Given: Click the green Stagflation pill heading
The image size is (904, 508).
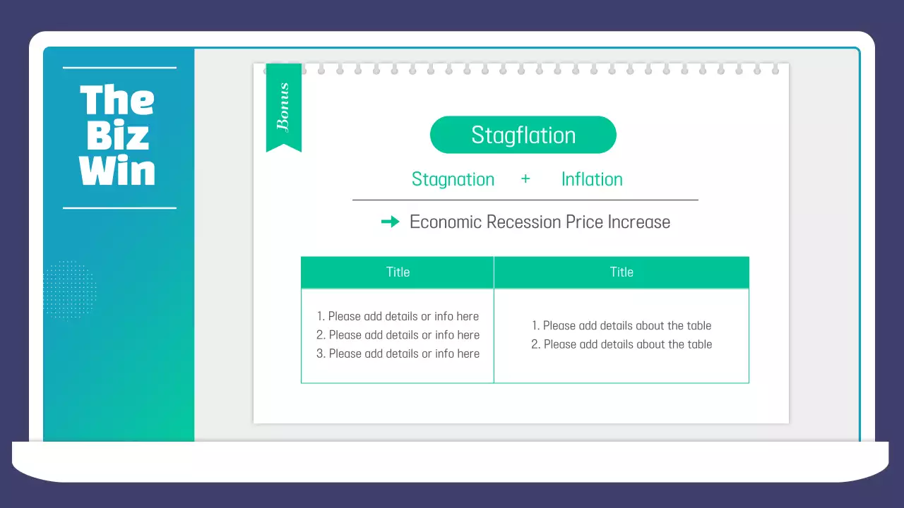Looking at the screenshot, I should (523, 135).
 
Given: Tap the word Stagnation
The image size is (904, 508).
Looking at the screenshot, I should (453, 179).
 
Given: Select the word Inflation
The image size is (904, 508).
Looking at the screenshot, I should (592, 179).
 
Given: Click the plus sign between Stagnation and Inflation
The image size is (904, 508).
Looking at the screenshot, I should (525, 179).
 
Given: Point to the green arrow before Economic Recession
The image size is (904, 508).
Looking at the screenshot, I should (390, 222).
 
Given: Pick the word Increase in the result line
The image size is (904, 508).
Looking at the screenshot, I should (639, 222).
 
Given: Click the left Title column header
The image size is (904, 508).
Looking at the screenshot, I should (398, 272).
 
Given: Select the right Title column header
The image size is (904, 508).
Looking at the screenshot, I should (621, 272).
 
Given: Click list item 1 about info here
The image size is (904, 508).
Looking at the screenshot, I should (398, 317).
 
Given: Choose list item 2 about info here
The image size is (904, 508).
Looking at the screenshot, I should (398, 335).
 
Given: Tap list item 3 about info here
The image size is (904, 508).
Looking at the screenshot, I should (398, 353).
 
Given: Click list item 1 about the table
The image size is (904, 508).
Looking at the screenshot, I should (621, 326).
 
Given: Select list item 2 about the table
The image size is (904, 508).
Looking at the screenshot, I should (621, 344).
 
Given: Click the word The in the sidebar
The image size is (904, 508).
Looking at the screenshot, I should (117, 100).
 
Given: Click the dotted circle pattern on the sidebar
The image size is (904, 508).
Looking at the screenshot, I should (69, 289).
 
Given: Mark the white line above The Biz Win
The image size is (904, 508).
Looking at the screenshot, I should (119, 68).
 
